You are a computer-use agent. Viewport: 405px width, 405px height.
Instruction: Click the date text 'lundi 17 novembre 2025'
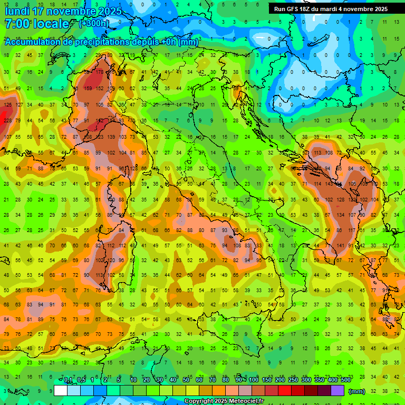point(63,11)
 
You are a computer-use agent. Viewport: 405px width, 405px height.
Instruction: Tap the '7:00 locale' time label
point(37,24)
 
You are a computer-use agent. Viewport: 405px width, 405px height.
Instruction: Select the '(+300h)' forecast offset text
point(94,24)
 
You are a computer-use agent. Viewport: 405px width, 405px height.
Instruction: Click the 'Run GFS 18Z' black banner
point(331,9)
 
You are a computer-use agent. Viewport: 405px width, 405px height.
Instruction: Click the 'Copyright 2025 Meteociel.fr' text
point(227,401)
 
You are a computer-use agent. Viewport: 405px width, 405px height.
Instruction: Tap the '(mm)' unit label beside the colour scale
point(356,391)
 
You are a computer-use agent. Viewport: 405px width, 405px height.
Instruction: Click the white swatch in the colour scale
point(61,391)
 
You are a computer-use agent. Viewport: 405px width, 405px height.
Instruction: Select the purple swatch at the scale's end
point(337,391)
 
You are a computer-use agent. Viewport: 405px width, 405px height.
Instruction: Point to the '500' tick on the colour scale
point(345,380)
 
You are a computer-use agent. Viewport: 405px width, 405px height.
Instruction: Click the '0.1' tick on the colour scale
point(68,380)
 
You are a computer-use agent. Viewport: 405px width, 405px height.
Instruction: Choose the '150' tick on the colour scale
point(267,380)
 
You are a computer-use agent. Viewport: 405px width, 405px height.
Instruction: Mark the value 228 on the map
point(7,121)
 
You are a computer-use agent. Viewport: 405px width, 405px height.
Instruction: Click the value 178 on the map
point(99,72)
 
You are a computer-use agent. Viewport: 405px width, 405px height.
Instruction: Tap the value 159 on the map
point(88,89)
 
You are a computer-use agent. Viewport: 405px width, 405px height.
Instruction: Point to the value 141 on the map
point(341,246)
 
